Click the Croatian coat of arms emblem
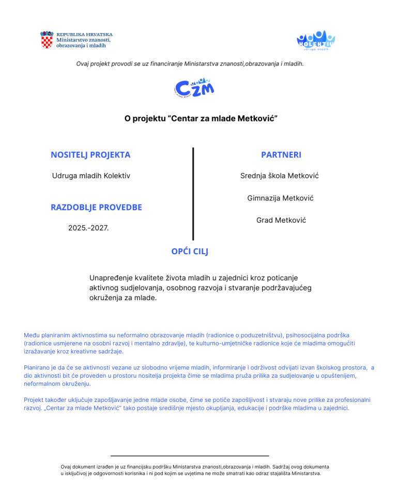pyautogui.click(x=47, y=40)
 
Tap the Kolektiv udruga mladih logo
pyautogui.click(x=315, y=40)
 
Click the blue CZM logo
pyautogui.click(x=194, y=88)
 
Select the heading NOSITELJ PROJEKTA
pyautogui.click(x=90, y=155)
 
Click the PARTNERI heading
pyautogui.click(x=281, y=155)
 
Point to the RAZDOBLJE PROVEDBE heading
pyautogui.click(x=96, y=207)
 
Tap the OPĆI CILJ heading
pyautogui.click(x=190, y=252)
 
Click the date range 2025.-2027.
pyautogui.click(x=88, y=227)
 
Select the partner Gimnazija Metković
pyautogui.click(x=280, y=198)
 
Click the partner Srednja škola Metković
pyautogui.click(x=280, y=176)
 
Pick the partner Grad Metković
pyautogui.click(x=281, y=220)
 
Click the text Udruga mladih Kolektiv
pyautogui.click(x=91, y=176)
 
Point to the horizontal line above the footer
pyautogui.click(x=190, y=456)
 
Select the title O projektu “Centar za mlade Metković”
pyautogui.click(x=201, y=118)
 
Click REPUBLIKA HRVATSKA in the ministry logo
pyautogui.click(x=84, y=35)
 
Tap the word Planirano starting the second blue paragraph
pyautogui.click(x=37, y=367)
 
